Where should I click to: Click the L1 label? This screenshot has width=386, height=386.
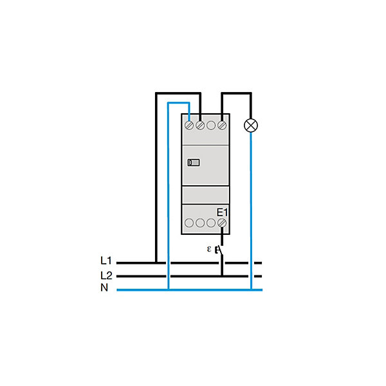(106, 261)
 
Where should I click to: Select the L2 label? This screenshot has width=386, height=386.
(106, 275)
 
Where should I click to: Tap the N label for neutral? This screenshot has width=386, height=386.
(104, 288)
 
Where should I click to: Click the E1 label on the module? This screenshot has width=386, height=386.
(222, 212)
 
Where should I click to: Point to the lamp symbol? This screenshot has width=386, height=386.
(251, 125)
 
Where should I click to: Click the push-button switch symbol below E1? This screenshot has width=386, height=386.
(220, 250)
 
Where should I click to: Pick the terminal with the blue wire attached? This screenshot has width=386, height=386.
(189, 125)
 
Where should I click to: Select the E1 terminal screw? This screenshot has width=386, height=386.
(222, 223)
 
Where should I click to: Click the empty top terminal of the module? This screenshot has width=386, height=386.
(211, 125)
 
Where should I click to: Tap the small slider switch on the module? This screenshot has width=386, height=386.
(194, 163)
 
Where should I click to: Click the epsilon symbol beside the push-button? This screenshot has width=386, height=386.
(209, 249)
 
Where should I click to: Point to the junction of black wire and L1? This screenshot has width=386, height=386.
(156, 262)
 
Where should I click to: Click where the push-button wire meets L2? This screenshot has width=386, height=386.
(222, 276)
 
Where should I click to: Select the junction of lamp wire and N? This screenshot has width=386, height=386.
(251, 289)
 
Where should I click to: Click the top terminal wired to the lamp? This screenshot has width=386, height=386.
(222, 125)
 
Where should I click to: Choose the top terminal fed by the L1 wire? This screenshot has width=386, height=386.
(200, 125)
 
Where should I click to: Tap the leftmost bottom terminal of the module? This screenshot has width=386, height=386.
(189, 223)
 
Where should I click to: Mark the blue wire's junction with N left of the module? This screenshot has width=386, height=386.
(169, 289)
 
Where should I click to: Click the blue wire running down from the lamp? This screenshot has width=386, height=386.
(251, 211)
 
